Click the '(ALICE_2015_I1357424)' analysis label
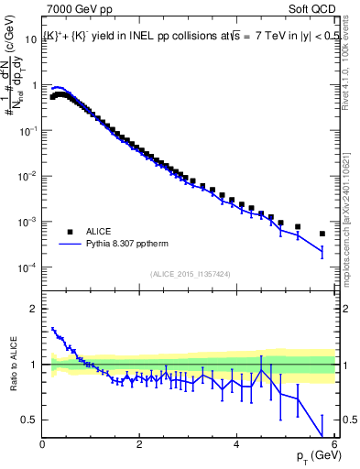pos(191,274)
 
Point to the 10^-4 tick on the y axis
pos(27,267)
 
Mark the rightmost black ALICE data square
pos(322,234)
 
